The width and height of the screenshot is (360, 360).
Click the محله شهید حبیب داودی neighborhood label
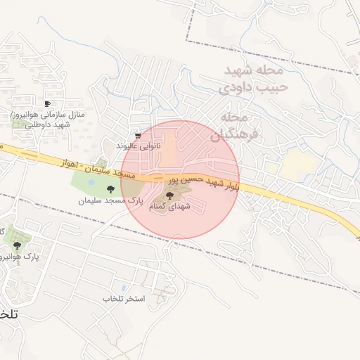pyautogui.click(x=253, y=79)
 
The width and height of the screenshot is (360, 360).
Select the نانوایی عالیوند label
pyautogui.click(x=139, y=146)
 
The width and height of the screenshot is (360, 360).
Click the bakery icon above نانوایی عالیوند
pyautogui.click(x=138, y=136)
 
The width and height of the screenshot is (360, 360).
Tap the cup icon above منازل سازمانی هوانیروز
pyautogui.click(x=47, y=103)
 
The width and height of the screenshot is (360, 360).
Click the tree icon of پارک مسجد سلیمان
pyautogui.click(x=110, y=188)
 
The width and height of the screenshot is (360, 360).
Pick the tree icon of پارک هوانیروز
pyautogui.click(x=17, y=245)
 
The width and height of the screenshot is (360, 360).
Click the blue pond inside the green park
pyautogui.click(x=91, y=184)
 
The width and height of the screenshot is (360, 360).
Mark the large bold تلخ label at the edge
pyautogui.click(x=10, y=316)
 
